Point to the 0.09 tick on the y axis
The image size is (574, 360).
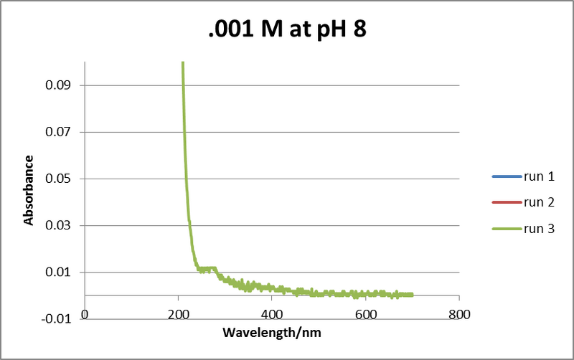point(60,85)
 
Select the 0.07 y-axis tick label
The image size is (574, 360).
point(60,132)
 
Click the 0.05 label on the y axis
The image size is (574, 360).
point(60,179)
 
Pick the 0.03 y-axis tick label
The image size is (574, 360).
point(60,225)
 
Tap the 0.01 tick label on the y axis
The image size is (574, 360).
point(60,273)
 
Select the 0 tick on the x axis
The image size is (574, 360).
point(85,314)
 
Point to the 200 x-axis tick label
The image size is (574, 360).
point(178,314)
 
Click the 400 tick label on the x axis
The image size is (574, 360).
point(272,314)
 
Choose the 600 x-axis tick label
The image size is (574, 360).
point(365,314)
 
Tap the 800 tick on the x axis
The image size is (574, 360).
point(459,314)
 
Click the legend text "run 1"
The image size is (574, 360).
point(539,176)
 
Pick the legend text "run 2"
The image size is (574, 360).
point(539,202)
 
